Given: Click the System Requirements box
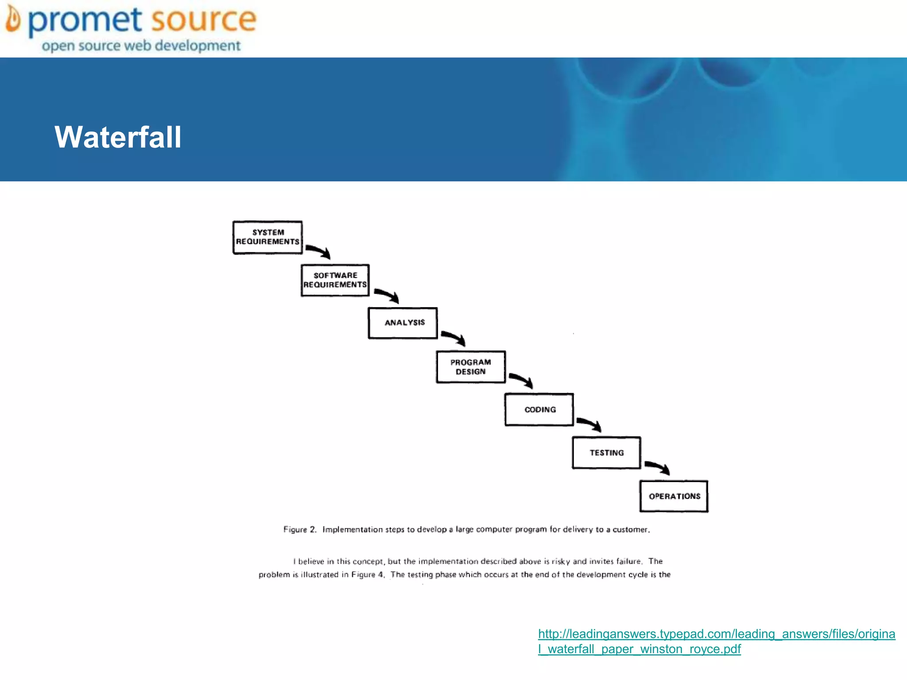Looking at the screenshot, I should pos(267,237).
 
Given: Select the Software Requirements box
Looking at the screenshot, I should pos(335,280).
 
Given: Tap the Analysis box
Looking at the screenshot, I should pos(403,323).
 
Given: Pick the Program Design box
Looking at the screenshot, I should pos(471,367).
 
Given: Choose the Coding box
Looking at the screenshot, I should pos(539,410).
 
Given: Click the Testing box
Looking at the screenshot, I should pos(606,453).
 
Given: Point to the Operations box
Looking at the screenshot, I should pos(674,496).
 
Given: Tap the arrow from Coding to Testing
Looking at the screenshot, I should pos(589,424).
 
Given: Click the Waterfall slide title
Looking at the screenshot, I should pos(118,137).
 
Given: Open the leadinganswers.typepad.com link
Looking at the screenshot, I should pos(716,641).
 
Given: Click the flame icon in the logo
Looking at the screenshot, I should pos(13,19).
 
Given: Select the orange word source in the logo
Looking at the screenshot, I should pos(203,20).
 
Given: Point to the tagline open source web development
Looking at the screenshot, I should pos(141,46).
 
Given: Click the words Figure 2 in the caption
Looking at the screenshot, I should pos(299,529).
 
